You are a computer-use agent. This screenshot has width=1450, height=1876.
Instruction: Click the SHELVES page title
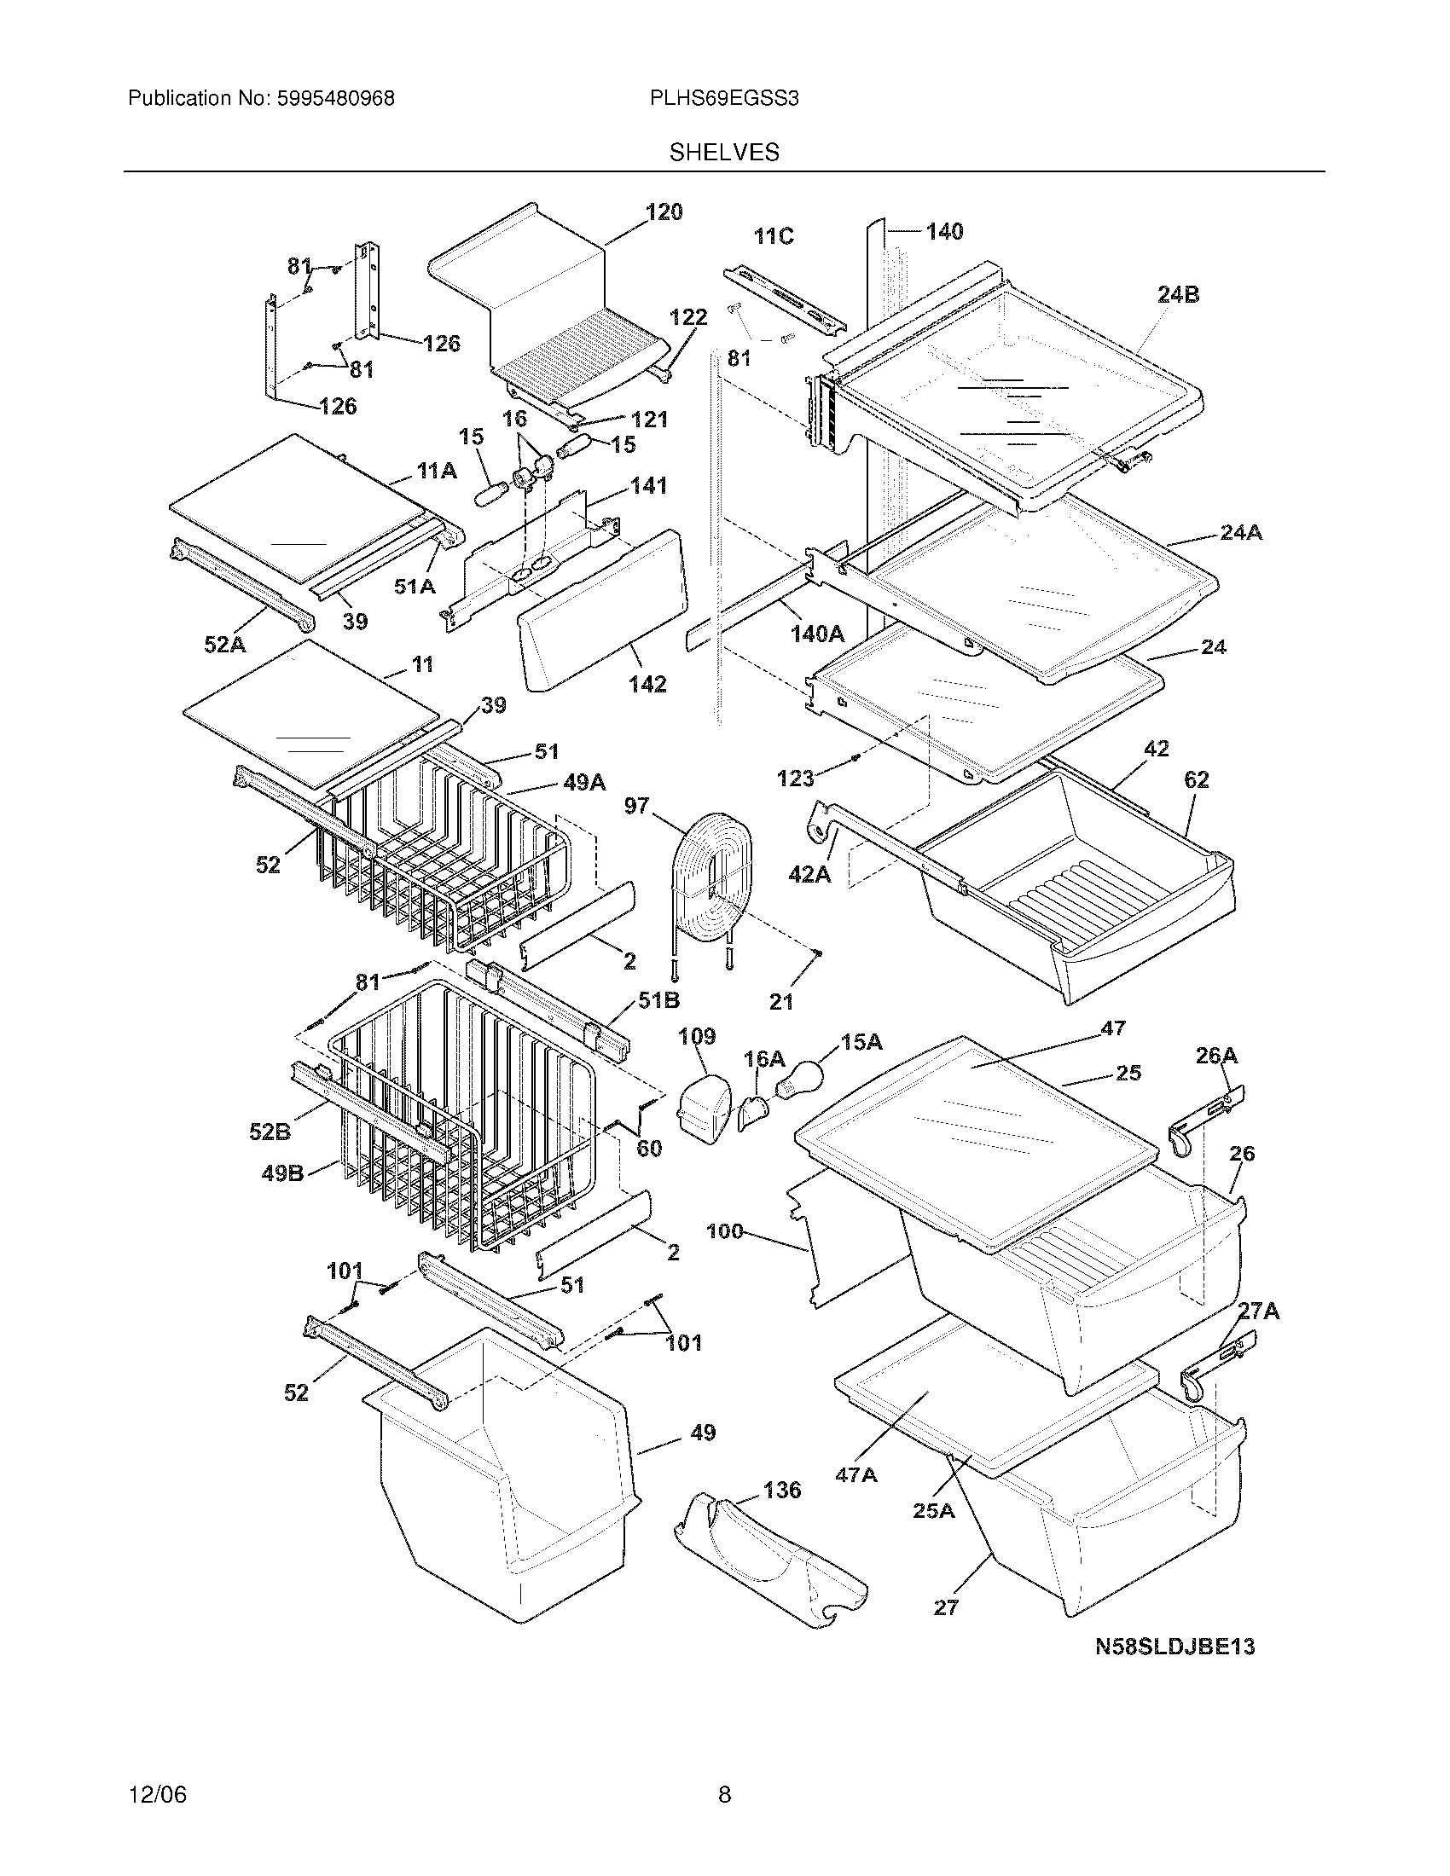pyautogui.click(x=724, y=153)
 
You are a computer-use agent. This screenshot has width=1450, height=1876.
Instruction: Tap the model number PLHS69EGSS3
pyautogui.click(x=724, y=99)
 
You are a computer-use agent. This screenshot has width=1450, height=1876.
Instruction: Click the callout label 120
pyautogui.click(x=663, y=212)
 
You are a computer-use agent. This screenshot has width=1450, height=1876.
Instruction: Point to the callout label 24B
pyautogui.click(x=1179, y=295)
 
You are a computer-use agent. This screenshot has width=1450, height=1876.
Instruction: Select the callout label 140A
pyautogui.click(x=817, y=634)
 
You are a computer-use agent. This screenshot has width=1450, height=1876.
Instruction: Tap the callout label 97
pyautogui.click(x=636, y=806)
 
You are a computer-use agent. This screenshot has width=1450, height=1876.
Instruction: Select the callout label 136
pyautogui.click(x=780, y=1490)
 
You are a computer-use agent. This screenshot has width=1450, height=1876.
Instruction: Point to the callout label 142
pyautogui.click(x=647, y=684)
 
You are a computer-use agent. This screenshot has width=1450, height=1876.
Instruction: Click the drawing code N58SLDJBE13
pyautogui.click(x=1174, y=1647)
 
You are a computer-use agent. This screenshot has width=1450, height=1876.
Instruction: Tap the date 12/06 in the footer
pyautogui.click(x=157, y=1794)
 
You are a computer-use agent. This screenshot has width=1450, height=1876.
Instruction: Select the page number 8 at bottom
pyautogui.click(x=724, y=1794)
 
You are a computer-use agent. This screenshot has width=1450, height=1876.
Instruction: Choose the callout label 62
pyautogui.click(x=1196, y=779)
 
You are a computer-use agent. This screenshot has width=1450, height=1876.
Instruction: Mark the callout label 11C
pyautogui.click(x=774, y=236)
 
